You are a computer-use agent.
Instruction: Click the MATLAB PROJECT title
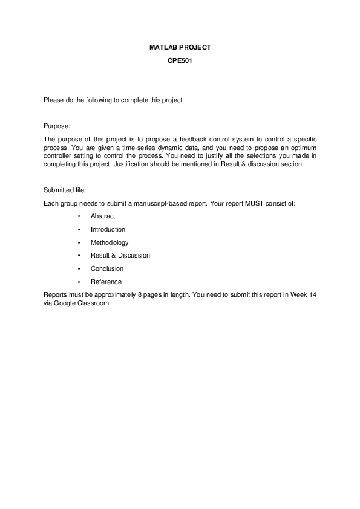tap(180, 47)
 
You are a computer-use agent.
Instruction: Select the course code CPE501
tap(180, 60)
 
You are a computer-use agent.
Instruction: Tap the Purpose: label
tap(57, 126)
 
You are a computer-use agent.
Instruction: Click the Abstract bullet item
tap(103, 216)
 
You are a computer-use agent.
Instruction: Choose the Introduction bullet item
tap(108, 230)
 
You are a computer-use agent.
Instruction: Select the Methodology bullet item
tap(110, 242)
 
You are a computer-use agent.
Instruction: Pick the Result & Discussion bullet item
tap(120, 256)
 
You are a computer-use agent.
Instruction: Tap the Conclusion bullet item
tap(107, 269)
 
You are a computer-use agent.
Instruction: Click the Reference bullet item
tap(106, 282)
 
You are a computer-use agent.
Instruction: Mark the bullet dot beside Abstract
tap(79, 216)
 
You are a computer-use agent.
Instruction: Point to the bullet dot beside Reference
tap(79, 282)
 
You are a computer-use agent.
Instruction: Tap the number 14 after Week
tap(312, 294)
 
